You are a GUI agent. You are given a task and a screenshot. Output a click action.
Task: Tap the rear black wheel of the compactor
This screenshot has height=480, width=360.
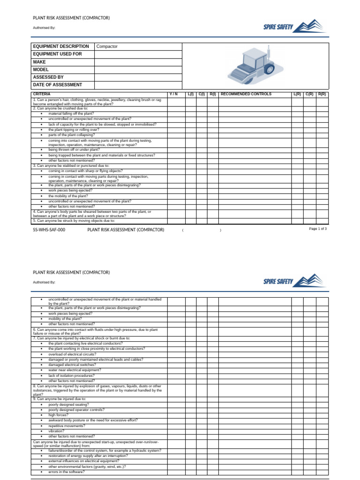coord(269,69)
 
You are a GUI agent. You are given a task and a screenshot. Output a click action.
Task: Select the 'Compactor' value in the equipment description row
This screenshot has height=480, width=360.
coord(107,46)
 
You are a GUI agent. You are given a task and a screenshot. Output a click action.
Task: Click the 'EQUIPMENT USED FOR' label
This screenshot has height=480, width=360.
coord(57,54)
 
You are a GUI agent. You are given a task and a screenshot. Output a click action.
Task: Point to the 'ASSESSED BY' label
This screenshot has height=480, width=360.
coord(48,77)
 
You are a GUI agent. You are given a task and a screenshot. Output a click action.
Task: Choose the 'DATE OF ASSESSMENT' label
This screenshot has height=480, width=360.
coord(57,85)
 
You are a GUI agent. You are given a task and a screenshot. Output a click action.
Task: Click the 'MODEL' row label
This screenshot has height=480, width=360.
coord(41,69)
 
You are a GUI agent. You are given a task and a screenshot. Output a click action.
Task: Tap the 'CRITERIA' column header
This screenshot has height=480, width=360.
coord(42,94)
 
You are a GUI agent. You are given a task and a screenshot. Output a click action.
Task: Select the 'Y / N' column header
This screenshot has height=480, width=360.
coord(173,94)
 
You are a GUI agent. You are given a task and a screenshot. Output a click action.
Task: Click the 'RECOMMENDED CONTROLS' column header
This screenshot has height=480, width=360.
coord(246,94)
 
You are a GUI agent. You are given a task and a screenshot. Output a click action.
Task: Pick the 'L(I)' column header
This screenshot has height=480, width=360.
coord(191,94)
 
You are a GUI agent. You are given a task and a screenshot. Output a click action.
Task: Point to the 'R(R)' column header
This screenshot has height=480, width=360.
coord(322,94)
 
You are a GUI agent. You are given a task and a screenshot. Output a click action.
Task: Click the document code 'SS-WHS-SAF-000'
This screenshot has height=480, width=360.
coord(49,230)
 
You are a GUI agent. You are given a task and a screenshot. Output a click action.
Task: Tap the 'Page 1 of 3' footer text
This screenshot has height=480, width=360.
coord(318,229)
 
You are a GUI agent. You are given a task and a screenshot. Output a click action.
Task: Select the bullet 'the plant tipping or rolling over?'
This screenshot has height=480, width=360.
coord(74,130)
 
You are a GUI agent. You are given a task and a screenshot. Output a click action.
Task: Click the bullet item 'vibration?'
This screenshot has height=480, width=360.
coord(58,431)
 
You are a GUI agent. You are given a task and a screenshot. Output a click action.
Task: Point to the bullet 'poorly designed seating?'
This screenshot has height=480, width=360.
coord(68,404)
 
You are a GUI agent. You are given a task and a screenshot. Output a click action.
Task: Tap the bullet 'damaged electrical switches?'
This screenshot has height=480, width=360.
coord(72,365)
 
